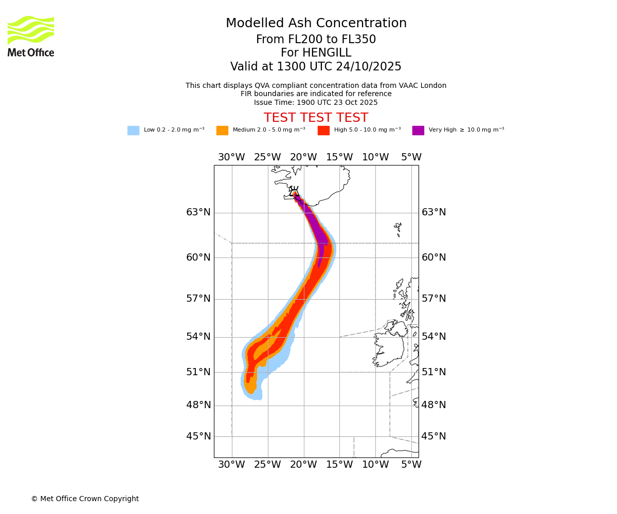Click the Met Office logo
coord(31,36)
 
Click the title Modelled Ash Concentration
coord(316,24)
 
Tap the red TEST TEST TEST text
coord(316,118)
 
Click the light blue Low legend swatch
coord(133,130)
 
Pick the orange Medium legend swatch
coord(222,130)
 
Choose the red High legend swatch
coord(323,130)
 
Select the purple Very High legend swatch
coord(418,130)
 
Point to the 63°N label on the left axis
coord(198,212)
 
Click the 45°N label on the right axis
coord(434,436)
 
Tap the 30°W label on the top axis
coord(231,157)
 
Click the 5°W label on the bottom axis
coord(411,465)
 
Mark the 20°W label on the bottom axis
coord(303,465)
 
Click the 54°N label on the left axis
coord(198,337)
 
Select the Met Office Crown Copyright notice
coord(85,499)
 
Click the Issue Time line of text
coord(316,102)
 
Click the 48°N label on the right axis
coord(434,405)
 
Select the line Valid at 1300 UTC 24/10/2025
coord(316,67)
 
